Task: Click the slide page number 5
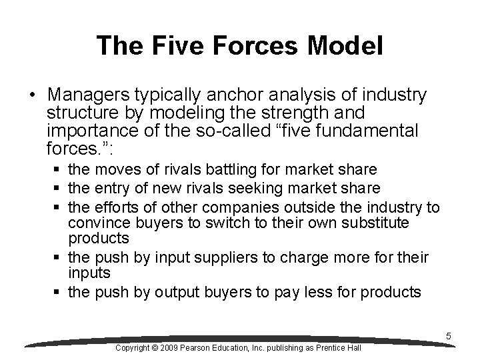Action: (449, 337)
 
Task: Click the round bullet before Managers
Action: (33, 93)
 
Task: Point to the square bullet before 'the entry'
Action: (60, 189)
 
